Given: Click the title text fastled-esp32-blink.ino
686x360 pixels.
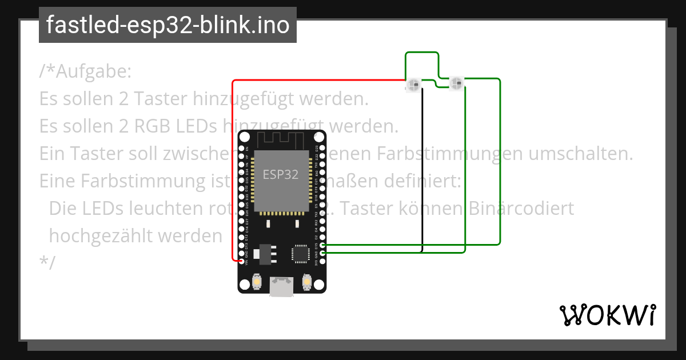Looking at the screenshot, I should coord(167,25).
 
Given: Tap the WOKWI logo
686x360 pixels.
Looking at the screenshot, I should coord(607,315).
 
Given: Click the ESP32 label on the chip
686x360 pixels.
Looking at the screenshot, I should coord(280,175).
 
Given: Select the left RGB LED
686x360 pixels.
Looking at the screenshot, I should coord(413,85).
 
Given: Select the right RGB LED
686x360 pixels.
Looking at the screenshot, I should coord(456,84).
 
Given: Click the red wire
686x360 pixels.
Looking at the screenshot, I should coord(233,171).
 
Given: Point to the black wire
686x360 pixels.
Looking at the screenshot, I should coord(422,171).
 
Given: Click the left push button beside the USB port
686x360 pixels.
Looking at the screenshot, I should coord(257,282).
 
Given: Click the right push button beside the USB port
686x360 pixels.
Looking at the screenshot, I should coord(307,282).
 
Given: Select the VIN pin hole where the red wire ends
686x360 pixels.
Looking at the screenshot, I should coord(242,261).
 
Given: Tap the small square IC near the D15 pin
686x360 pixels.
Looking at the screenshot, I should coord(300,254).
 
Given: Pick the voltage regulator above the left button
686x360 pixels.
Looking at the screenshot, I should coord(265,252).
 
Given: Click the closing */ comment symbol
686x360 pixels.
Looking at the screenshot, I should coord(47,262).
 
